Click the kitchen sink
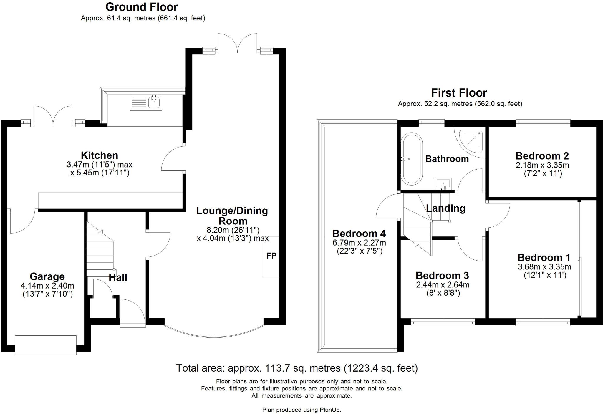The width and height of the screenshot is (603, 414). point(146,102)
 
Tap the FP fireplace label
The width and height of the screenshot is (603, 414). point(271,256)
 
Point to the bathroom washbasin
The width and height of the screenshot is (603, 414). point(443,183)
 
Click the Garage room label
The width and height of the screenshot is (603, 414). point(47,276)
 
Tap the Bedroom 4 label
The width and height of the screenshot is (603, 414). point(359,234)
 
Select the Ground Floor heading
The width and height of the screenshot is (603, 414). point(142,7)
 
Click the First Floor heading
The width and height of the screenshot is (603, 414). point(459,93)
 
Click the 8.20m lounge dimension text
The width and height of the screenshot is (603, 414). point(233,230)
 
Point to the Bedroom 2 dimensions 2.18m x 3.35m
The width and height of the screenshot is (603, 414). point(542,165)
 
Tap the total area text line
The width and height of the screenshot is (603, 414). point(297,368)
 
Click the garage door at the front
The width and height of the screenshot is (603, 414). point(46,345)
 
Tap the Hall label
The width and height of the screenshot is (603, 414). point(118,277)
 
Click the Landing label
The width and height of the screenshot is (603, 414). point(446,208)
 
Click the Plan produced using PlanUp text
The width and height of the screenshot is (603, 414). point(301,410)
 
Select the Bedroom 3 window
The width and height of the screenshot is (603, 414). point(443,323)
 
